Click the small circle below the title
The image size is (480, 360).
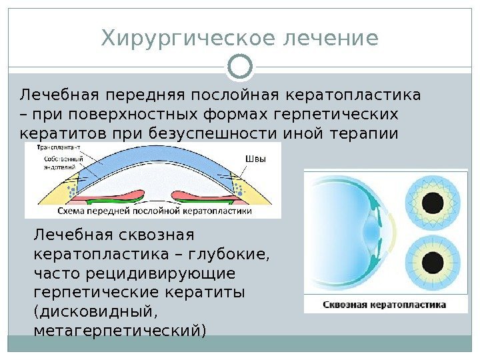240,67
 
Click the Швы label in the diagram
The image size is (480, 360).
255,159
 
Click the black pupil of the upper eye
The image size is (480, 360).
433,201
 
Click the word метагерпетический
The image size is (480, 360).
120,329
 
